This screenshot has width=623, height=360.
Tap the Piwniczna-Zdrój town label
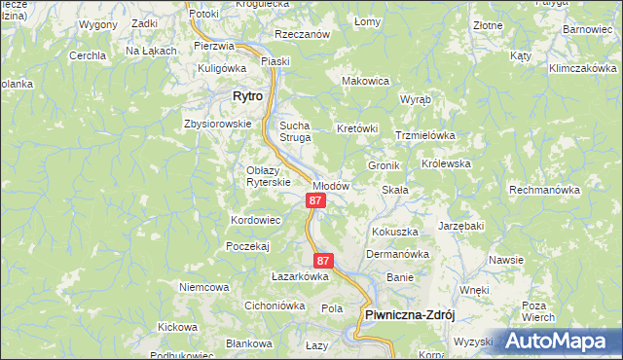(x=410, y=314)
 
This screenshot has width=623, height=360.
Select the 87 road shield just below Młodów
(x=314, y=200)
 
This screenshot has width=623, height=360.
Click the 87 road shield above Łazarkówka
(x=324, y=261)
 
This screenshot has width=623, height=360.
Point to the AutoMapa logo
(x=560, y=341)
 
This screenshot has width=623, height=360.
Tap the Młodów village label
(x=330, y=185)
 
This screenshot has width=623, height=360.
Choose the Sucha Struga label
(x=294, y=131)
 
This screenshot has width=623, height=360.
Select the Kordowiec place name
(x=255, y=221)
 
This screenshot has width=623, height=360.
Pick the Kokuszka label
(x=394, y=232)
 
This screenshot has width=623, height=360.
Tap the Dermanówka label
(x=397, y=254)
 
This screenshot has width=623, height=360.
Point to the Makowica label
(x=364, y=81)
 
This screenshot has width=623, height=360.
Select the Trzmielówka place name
(x=425, y=136)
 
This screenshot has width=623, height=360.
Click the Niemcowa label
(x=203, y=287)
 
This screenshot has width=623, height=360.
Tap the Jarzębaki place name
(x=460, y=226)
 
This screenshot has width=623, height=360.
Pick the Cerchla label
(x=88, y=55)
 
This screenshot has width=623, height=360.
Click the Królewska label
(x=447, y=163)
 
